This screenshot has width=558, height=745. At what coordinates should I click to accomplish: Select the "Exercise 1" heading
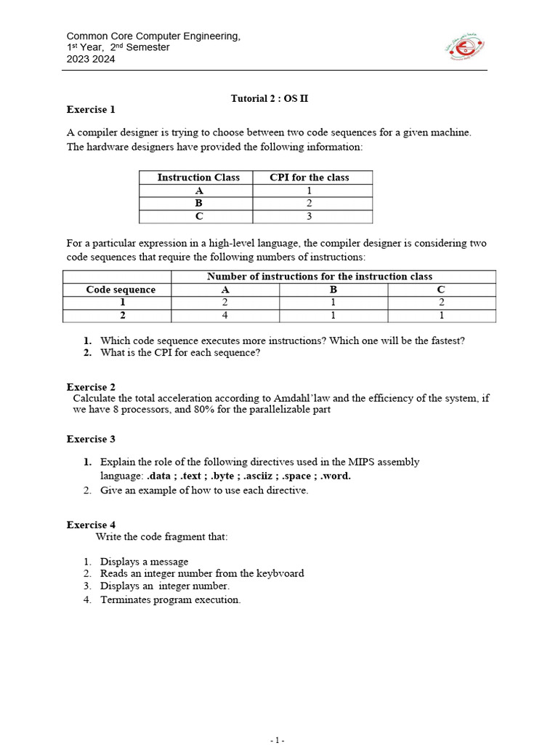pyautogui.click(x=91, y=110)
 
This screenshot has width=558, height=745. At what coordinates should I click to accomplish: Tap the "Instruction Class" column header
pyautogui.click(x=198, y=178)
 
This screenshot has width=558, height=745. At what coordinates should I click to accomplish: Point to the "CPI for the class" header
pyautogui.click(x=309, y=178)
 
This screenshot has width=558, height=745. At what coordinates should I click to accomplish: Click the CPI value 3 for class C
pyautogui.click(x=309, y=217)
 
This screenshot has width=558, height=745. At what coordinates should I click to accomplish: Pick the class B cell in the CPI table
pyautogui.click(x=198, y=204)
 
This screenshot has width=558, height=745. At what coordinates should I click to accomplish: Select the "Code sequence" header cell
pyautogui.click(x=121, y=290)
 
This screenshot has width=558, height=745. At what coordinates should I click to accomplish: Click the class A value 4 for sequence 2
pyautogui.click(x=225, y=316)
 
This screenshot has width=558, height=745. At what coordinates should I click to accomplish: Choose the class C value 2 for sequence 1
pyautogui.click(x=441, y=303)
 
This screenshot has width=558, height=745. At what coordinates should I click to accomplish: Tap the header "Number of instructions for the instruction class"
pyautogui.click(x=320, y=276)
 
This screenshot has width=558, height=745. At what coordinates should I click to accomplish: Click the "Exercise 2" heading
pyautogui.click(x=91, y=387)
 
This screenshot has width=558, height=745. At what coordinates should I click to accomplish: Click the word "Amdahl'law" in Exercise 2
pyautogui.click(x=299, y=399)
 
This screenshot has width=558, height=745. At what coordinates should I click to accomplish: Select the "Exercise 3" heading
pyautogui.click(x=91, y=439)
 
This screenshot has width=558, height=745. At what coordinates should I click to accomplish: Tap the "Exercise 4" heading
pyautogui.click(x=91, y=525)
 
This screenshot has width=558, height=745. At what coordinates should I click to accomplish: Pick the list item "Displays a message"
pyautogui.click(x=144, y=562)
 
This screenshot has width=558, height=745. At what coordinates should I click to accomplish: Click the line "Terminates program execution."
pyautogui.click(x=170, y=600)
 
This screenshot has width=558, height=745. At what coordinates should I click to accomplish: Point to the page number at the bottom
pyautogui.click(x=278, y=740)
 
